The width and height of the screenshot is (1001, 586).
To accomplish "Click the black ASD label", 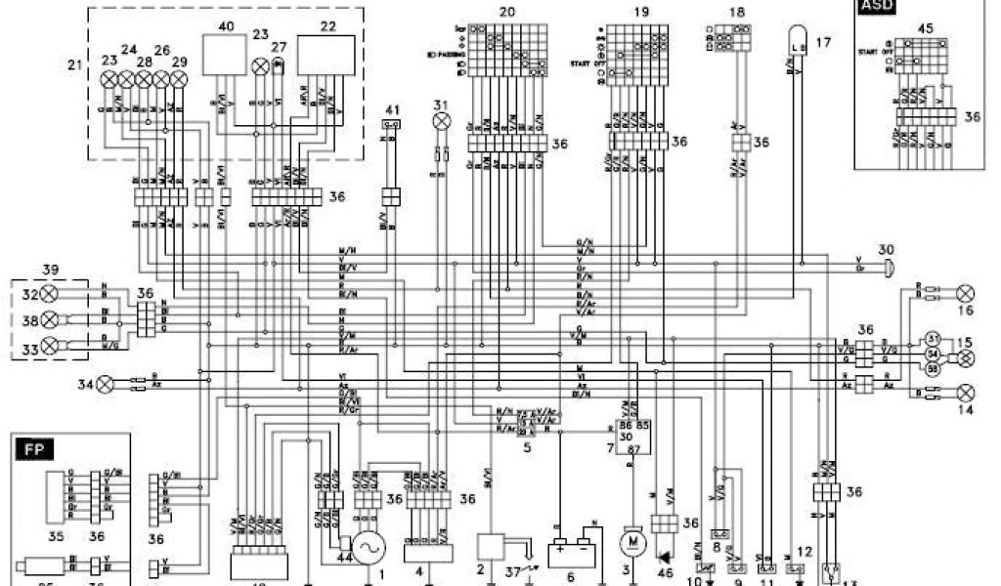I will point(872,8).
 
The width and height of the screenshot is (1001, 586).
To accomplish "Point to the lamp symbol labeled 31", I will point(441,121).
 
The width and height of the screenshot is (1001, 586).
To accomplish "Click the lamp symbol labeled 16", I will point(966,292).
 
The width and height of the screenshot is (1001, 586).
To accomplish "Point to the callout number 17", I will point(823,43).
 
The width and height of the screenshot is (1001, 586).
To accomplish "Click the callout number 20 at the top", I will point(506,12).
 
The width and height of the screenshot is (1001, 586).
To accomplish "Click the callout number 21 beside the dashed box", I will point(75,65).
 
